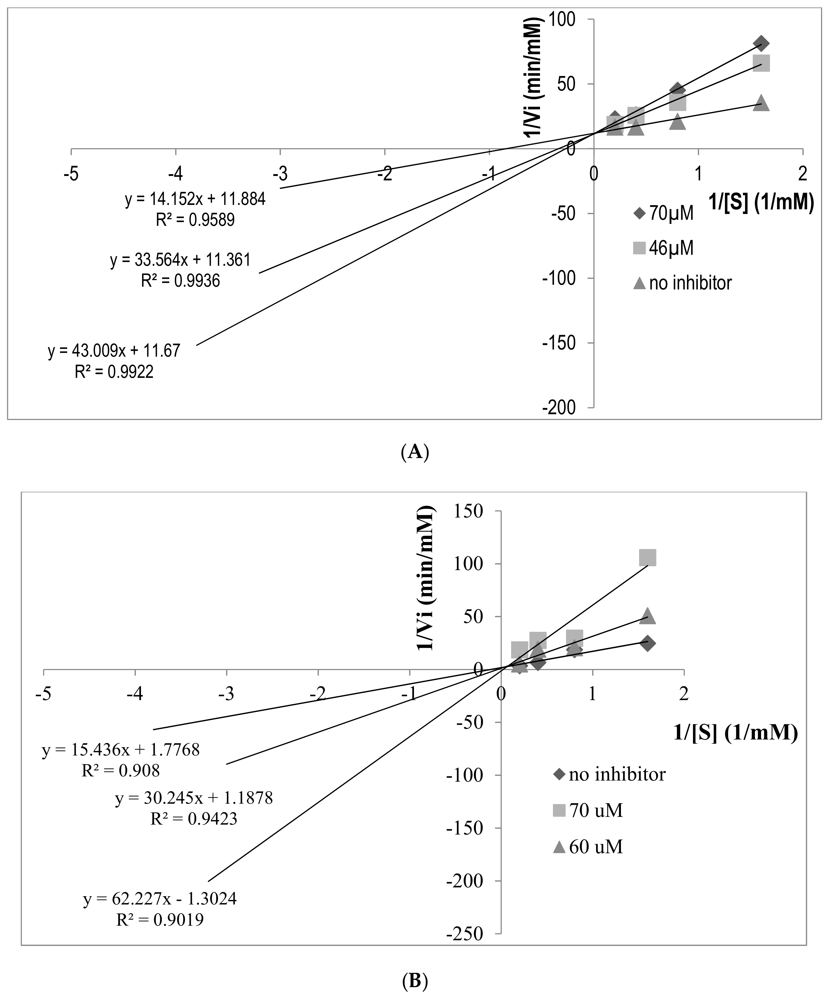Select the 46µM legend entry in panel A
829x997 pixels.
(x=663, y=248)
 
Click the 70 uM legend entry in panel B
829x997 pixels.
(x=587, y=811)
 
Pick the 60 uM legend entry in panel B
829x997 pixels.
(x=587, y=847)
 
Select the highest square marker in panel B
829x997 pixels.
(x=647, y=558)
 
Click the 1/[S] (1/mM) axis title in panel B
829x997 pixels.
(x=735, y=733)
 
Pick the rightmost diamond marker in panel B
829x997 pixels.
(x=647, y=643)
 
